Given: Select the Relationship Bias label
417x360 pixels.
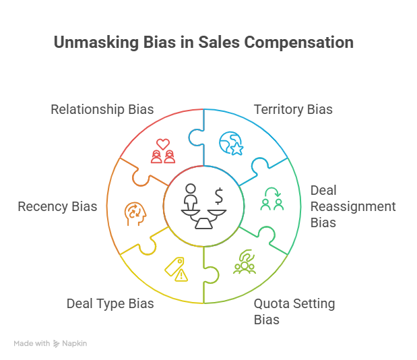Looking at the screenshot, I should click(102, 109).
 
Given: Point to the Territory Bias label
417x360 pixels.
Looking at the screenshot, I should click(293, 109).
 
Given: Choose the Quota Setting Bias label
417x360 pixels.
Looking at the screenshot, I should click(294, 311).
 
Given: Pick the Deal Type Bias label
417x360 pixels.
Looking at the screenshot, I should click(110, 303).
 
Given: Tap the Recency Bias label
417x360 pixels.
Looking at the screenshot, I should click(57, 206).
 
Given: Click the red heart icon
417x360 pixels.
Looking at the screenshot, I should click(162, 144).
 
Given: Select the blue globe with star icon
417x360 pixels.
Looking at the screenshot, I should click(231, 144).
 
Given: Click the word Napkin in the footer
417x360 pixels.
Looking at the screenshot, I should click(75, 344).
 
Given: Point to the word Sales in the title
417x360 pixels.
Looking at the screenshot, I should click(220, 42).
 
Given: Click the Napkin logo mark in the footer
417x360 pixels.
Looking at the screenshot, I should click(57, 344).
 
